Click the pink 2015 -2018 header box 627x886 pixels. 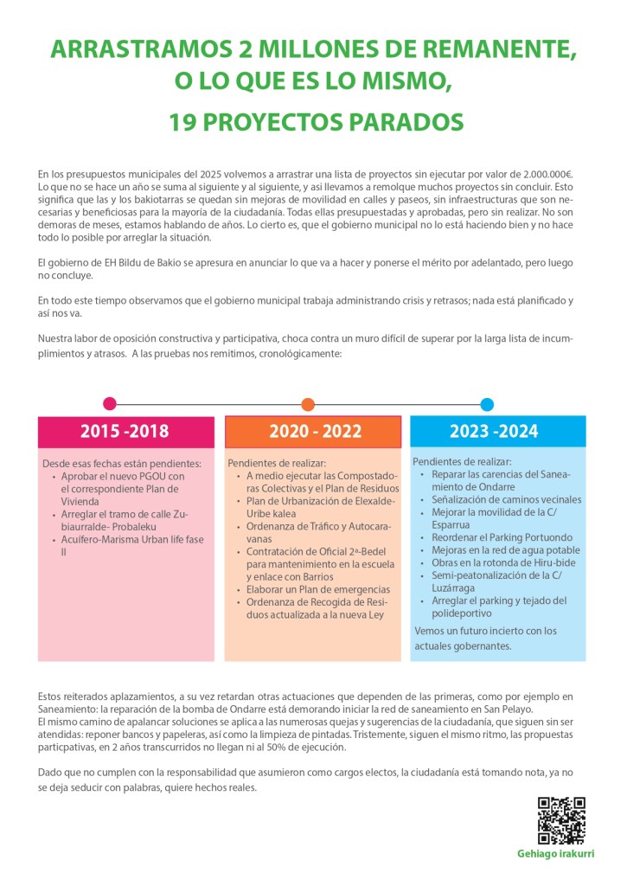(x=125, y=431)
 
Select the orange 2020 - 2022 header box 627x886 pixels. (x=313, y=431)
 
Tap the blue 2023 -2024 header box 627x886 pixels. (x=493, y=431)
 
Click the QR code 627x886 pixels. (x=561, y=821)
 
